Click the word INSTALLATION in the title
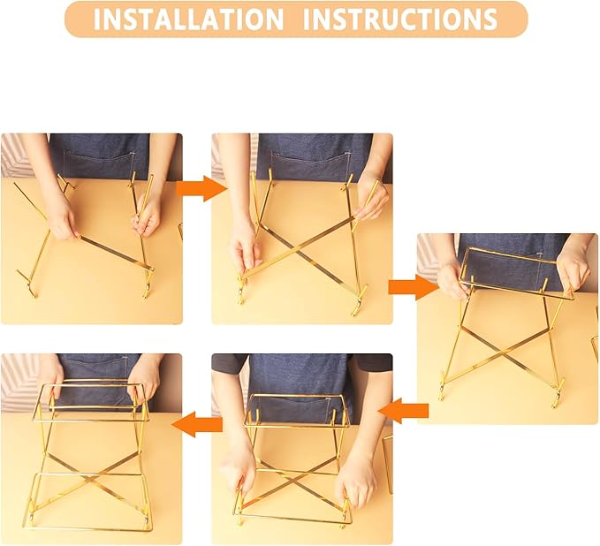pos(189,19)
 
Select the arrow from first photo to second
pos(196,187)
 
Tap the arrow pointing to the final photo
pos(196,425)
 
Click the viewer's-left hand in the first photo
pos(62,216)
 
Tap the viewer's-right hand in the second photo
pos(370,199)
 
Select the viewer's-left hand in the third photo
pos(451,281)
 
